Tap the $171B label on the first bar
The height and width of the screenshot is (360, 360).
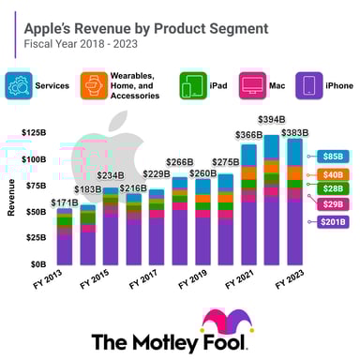64,202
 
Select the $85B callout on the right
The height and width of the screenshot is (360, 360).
333,156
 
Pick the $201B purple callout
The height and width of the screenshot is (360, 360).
333,221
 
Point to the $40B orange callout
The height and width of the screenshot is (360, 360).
333,174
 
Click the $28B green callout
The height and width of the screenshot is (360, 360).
333,188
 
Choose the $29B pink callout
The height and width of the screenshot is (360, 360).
333,203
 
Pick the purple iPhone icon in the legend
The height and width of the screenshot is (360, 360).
308,85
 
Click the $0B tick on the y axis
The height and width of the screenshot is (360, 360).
35,264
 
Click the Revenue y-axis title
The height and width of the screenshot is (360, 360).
10,202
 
